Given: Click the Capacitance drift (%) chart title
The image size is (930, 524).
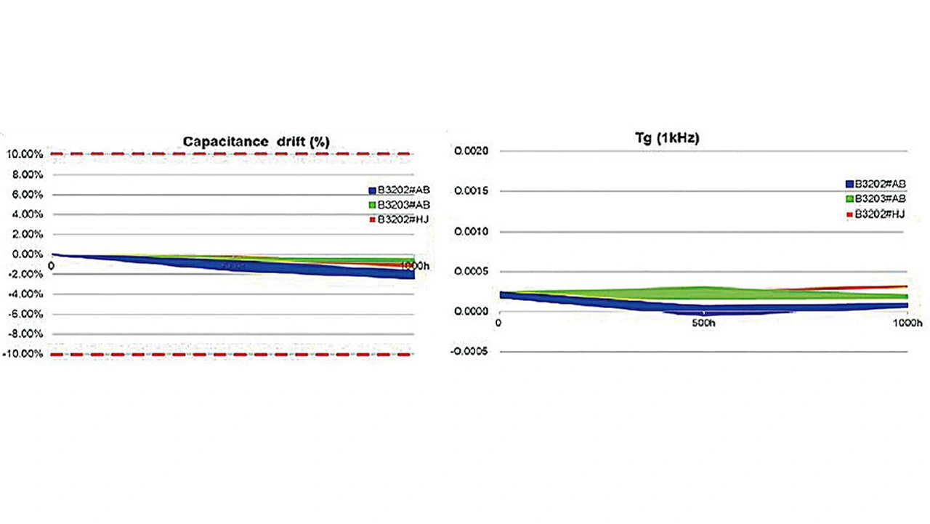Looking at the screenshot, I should click(256, 142).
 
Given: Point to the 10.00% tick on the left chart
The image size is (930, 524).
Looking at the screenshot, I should click(25, 154).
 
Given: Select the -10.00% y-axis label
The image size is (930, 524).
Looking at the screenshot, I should click(24, 354).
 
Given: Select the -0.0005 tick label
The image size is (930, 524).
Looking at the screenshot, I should click(470, 352).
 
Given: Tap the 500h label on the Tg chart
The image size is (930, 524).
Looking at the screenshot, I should click(702, 322).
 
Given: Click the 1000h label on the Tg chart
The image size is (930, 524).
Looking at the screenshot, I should click(907, 322).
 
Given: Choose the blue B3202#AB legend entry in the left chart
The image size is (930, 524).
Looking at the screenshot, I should click(398, 190).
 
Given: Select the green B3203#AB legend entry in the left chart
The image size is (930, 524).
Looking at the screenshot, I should click(398, 204).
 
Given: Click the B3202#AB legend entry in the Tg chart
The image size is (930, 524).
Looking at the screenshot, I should click(875, 183).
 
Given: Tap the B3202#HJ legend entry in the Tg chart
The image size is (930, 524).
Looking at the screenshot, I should click(875, 214).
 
